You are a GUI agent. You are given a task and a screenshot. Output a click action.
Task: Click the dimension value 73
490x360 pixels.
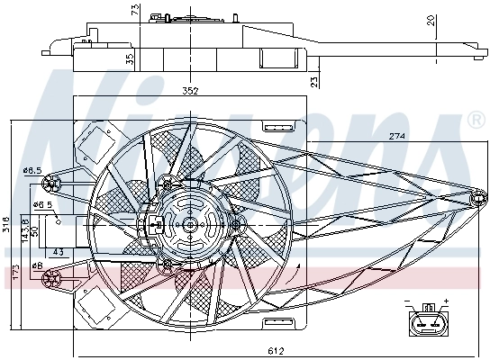coord(134,10)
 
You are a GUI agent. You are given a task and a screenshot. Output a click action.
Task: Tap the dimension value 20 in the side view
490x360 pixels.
coord(458,21)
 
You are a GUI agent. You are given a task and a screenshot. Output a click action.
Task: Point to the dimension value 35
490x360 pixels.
coord(131,59)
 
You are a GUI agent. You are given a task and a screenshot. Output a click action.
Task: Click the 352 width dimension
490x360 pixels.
coord(189,90)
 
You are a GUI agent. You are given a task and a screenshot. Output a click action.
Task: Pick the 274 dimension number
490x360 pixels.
coord(396,137)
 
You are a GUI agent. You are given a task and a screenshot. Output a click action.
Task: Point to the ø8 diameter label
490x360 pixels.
coord(37,265)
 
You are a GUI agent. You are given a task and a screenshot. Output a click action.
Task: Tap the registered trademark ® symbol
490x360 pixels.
coord(476,121)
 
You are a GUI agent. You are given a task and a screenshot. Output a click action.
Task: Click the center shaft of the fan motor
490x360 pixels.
coord(190,223)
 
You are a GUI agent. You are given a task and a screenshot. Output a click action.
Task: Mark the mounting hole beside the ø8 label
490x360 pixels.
coord(52,278)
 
